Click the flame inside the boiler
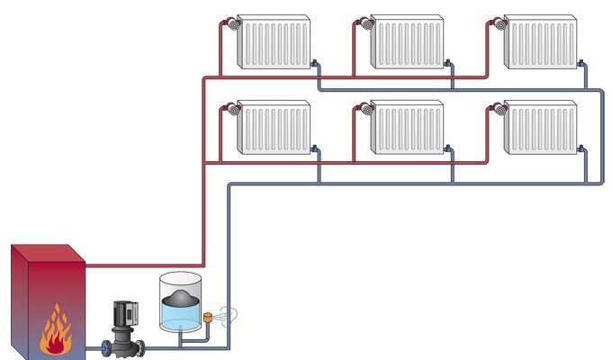click(x=57, y=329)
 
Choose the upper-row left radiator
click(x=273, y=42)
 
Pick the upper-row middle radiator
click(x=406, y=42)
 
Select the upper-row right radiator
click(x=539, y=42)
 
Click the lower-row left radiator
click(x=273, y=128)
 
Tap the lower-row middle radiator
click(x=406, y=128)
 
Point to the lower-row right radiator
click(x=539, y=128)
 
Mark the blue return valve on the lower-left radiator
click(x=316, y=148)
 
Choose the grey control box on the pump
click(x=129, y=310)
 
